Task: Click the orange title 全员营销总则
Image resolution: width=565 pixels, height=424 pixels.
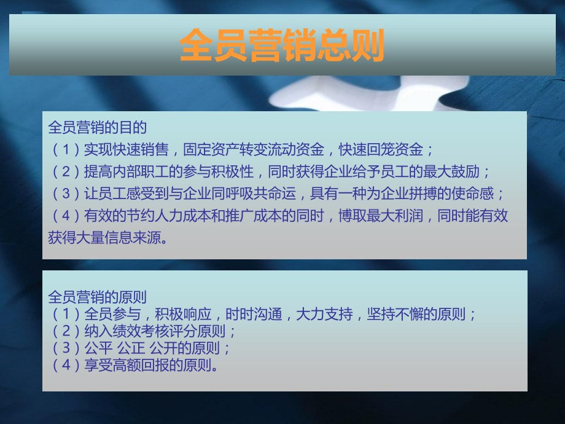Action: [282, 45]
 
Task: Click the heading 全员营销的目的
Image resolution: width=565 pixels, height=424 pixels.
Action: [97, 128]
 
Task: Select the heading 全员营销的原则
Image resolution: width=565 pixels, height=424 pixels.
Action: [97, 297]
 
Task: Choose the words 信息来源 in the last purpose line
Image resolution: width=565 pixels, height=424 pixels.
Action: [133, 238]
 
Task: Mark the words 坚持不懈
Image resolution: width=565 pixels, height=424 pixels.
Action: [395, 315]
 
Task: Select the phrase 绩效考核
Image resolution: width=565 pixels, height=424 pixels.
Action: [141, 331]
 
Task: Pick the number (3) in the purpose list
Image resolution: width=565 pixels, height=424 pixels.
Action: [66, 194]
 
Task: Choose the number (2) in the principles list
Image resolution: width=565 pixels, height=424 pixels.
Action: [66, 331]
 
